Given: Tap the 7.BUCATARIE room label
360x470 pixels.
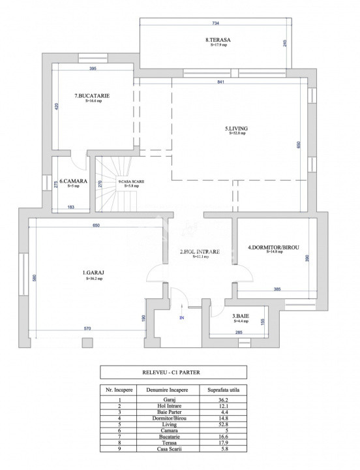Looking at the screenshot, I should (x=91, y=96).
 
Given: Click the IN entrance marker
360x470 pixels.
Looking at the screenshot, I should (x=182, y=317).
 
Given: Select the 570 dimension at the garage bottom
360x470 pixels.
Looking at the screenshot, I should (x=87, y=328).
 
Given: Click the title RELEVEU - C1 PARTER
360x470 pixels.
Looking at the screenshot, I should (x=173, y=372).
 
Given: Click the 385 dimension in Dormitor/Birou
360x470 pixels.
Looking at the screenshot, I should (x=277, y=289).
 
